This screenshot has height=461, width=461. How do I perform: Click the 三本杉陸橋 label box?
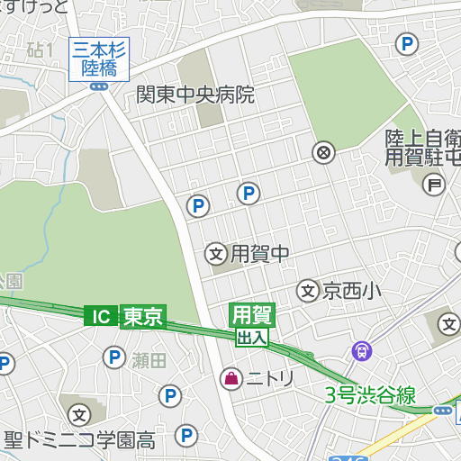(x=99, y=59)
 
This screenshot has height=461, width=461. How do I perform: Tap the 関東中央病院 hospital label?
(x=195, y=95)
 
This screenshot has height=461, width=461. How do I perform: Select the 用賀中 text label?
(x=260, y=254)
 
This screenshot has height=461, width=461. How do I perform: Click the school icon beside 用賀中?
(x=216, y=255)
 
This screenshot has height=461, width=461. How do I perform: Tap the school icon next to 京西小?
(x=308, y=291)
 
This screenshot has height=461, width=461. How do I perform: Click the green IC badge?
(x=101, y=316)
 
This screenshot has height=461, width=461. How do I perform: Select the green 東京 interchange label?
(x=142, y=316)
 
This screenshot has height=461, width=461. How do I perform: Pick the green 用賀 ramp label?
(x=252, y=315)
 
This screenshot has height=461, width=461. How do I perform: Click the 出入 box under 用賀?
(x=252, y=338)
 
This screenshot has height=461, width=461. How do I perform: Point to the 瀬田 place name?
(x=149, y=361)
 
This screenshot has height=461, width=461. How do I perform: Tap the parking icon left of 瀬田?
(x=114, y=359)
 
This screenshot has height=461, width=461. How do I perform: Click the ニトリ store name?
(x=271, y=379)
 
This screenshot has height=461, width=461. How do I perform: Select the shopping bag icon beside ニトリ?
(x=231, y=379)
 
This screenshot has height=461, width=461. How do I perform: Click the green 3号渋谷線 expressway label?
(x=370, y=394)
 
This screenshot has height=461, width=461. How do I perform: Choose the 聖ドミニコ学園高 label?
(x=79, y=441)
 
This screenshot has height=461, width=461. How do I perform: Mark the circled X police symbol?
(x=323, y=151)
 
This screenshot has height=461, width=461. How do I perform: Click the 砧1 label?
(x=41, y=50)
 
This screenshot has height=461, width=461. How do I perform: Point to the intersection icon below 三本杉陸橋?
(x=99, y=86)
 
